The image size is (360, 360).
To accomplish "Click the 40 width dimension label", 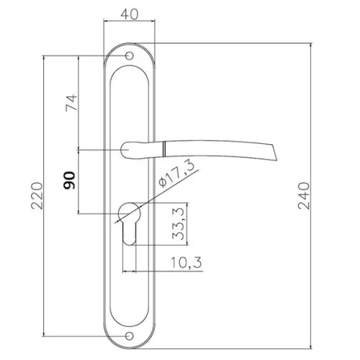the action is pos(130,14).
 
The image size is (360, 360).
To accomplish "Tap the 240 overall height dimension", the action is pos(304,196).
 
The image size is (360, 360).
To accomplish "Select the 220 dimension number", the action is pos(37,196).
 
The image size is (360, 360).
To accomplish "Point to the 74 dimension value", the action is pos(71,103).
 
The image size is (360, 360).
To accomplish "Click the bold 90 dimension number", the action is pos(69,180).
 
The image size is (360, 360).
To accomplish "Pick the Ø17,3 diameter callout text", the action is pos(176,174).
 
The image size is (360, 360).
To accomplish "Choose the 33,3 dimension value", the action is pos(178,224).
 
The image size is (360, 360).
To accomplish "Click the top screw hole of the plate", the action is pos(130,55).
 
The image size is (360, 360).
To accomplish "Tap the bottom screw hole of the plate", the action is pos(130,336).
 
